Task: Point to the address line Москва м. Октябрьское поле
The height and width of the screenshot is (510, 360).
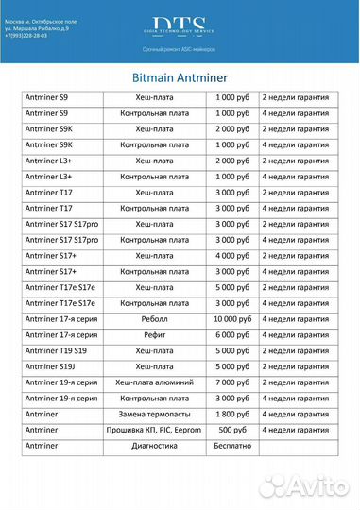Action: tap(43, 19)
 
